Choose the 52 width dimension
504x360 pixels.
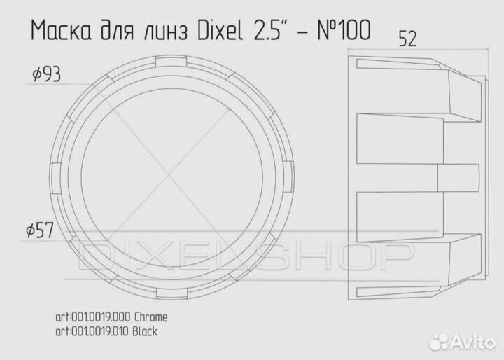pyautogui.click(x=408, y=39)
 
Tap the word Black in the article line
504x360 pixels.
pyautogui.click(x=143, y=331)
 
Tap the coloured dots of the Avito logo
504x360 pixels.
pyautogui.click(x=440, y=342)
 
